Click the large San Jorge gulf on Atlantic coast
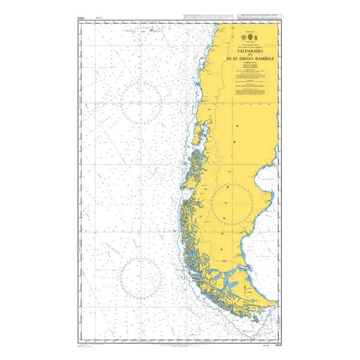264,180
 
